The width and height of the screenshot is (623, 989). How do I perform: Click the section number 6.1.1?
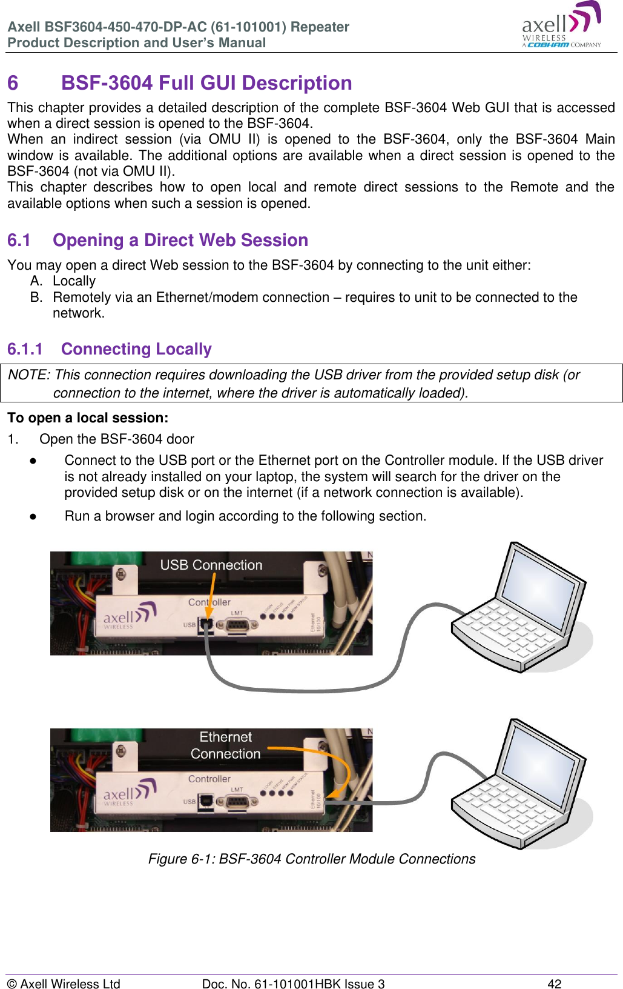(25, 349)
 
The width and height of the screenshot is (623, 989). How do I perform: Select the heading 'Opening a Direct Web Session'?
(180, 240)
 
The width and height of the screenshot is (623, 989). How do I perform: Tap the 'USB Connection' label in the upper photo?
(211, 565)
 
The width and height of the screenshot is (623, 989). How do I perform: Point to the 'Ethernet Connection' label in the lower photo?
(225, 745)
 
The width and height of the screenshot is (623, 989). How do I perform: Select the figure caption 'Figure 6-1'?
(311, 859)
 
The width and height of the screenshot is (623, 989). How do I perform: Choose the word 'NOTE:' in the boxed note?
(28, 375)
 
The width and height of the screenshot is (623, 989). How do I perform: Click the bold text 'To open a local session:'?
(88, 418)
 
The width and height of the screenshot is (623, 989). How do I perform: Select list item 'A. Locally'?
(63, 281)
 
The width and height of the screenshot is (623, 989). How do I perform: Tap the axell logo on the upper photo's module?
(130, 616)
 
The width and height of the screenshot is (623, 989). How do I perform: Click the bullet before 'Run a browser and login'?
(33, 516)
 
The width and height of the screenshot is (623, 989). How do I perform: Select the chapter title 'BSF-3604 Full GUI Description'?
(206, 83)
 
